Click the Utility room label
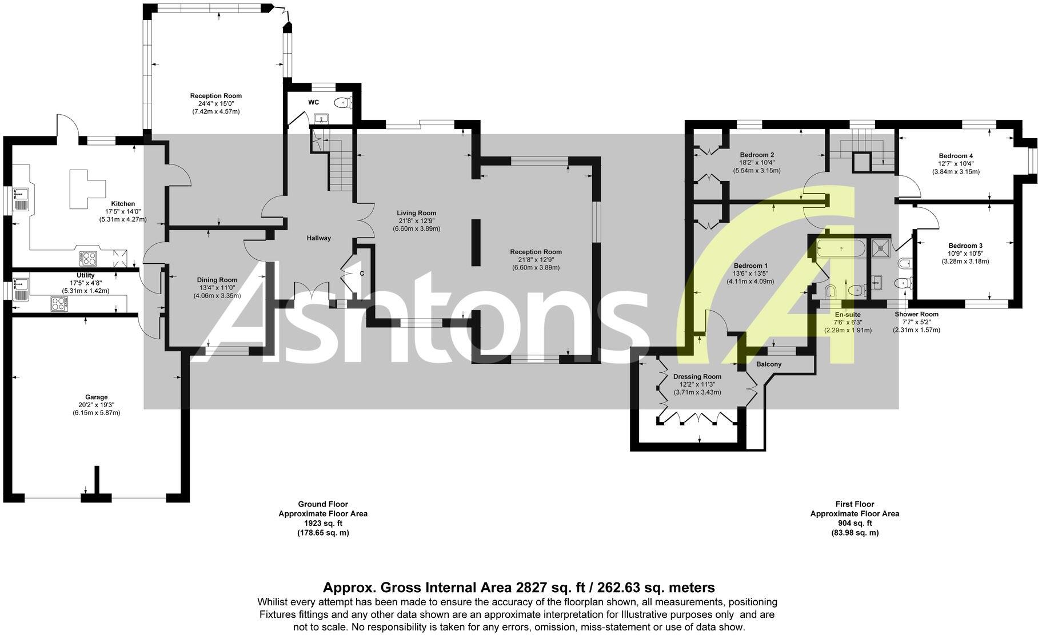tap(86, 275)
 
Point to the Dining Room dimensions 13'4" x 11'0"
tap(217, 288)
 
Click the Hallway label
tap(318, 238)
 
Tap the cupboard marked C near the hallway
tap(361, 274)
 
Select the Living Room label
tap(416, 213)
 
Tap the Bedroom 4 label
tap(956, 156)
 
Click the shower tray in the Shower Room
tap(880, 247)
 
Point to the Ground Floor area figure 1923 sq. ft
tap(323, 523)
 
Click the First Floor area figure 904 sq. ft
tap(855, 523)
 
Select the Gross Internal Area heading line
tap(518, 588)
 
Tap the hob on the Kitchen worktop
tap(89, 259)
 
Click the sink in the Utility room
tap(22, 284)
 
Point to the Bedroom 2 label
tap(757, 155)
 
